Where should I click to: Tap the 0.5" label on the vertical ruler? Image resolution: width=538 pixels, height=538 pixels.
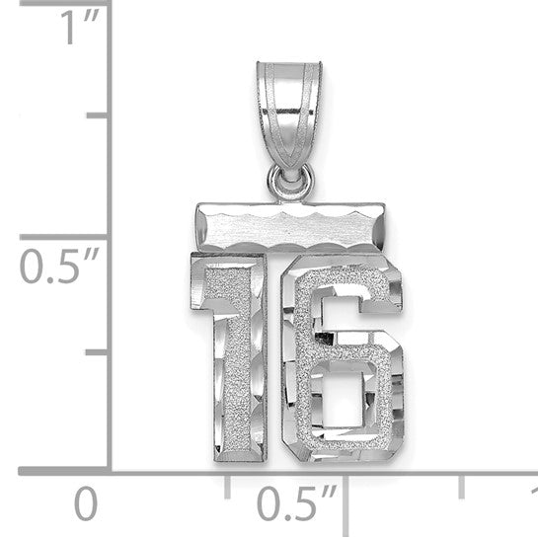[x=49, y=268]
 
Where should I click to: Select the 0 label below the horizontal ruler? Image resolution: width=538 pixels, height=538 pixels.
[x=87, y=504]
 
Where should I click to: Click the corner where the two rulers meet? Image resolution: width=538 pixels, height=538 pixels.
[x=110, y=473]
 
